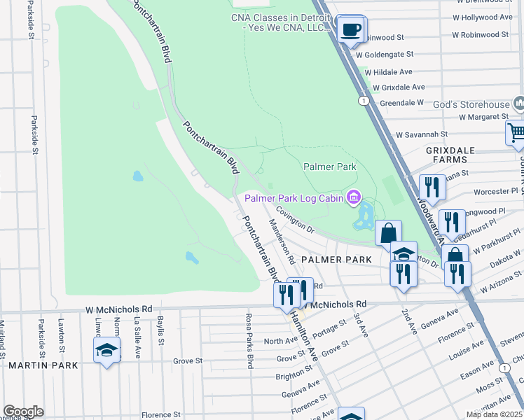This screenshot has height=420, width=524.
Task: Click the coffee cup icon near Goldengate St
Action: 350,29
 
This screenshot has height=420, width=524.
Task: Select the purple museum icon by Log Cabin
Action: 354,198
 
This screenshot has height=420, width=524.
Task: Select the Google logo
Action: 23,412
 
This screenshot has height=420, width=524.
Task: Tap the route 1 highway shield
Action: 364,101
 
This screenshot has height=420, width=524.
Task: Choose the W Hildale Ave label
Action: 387,71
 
